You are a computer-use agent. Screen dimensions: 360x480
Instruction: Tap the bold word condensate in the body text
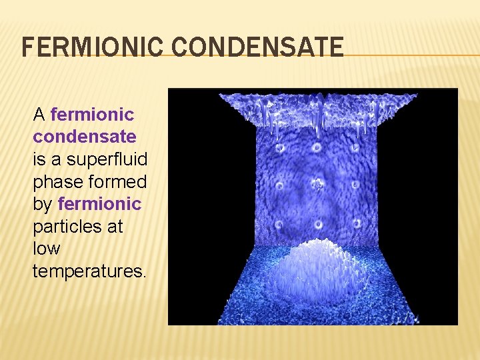tap(85, 137)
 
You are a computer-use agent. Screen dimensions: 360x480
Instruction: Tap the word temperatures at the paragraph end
tap(89, 271)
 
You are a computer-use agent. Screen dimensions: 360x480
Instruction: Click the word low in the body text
tap(47, 249)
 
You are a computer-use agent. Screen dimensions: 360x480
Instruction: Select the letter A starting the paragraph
tap(39, 115)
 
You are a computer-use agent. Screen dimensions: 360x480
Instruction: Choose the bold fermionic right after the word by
tap(100, 204)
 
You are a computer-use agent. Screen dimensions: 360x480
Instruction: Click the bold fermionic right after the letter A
tap(92, 115)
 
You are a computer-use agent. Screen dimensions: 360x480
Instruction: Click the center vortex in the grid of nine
tap(317, 185)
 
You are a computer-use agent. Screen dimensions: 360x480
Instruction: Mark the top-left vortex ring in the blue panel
tap(281, 147)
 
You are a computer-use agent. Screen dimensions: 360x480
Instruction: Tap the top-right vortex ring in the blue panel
tap(355, 147)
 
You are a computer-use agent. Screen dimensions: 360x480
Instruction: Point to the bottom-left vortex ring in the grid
tap(281, 223)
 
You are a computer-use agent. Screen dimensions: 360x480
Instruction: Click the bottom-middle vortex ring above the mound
tap(318, 223)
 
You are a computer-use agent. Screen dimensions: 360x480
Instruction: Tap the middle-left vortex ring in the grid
tap(281, 185)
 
